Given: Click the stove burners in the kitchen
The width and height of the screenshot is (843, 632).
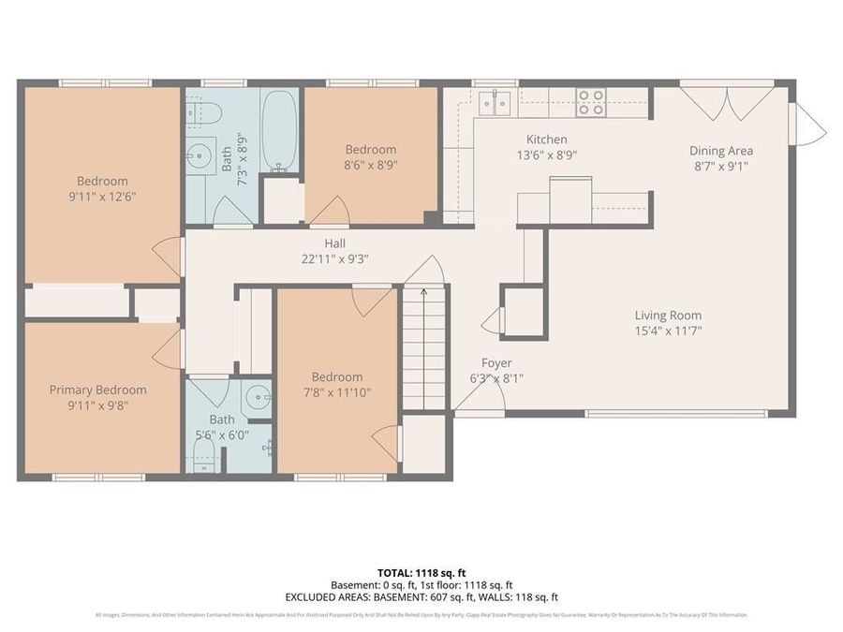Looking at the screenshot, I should pyautogui.click(x=590, y=102).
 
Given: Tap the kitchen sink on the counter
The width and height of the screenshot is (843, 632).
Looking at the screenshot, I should pyautogui.click(x=495, y=101).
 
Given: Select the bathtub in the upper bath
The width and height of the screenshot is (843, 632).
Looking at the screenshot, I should pyautogui.click(x=278, y=130).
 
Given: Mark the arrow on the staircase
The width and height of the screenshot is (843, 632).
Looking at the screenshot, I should pyautogui.click(x=423, y=292).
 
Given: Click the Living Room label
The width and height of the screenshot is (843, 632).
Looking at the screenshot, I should pyautogui.click(x=668, y=316).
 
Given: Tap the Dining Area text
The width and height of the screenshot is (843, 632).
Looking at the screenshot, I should pyautogui.click(x=720, y=151).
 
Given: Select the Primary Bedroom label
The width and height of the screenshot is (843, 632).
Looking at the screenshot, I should pyautogui.click(x=97, y=389).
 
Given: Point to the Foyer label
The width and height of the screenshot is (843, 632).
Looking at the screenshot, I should pyautogui.click(x=496, y=363).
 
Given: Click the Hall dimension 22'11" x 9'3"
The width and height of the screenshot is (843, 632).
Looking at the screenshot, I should pyautogui.click(x=335, y=258).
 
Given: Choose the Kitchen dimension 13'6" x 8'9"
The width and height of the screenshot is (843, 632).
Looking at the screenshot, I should pyautogui.click(x=547, y=156).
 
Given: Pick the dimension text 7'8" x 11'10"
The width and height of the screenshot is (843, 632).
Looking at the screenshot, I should pyautogui.click(x=337, y=392).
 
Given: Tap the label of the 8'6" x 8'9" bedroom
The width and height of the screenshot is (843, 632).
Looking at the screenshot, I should pyautogui.click(x=371, y=150).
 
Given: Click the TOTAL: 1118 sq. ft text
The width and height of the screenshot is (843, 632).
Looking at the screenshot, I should pyautogui.click(x=421, y=571).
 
